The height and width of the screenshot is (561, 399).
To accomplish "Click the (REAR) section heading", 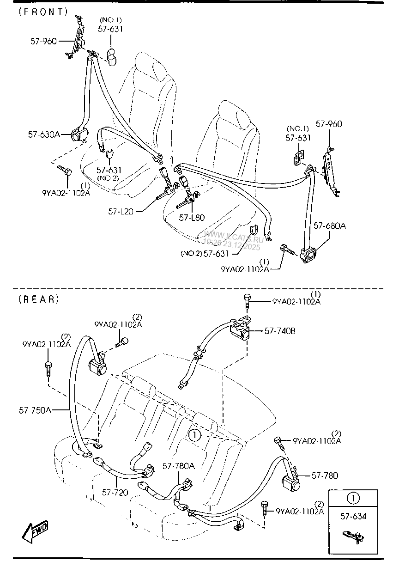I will click(x=39, y=299).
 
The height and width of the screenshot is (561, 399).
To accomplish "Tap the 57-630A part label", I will click(x=44, y=134).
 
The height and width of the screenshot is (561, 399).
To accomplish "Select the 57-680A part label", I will click(x=330, y=226).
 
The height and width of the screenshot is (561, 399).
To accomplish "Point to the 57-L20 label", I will click(x=121, y=211).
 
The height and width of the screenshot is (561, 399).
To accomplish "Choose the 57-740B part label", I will click(x=280, y=331).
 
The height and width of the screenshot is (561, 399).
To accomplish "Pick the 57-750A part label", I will click(x=35, y=409).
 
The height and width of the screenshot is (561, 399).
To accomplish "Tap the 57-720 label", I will click(x=115, y=493).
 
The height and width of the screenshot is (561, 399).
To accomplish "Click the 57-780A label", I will click(x=179, y=466).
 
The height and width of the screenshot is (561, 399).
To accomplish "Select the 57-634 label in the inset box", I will click(x=353, y=517).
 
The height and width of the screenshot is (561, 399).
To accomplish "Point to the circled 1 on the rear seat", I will click(x=194, y=435).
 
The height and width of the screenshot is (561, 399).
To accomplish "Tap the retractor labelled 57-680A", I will click(x=307, y=255).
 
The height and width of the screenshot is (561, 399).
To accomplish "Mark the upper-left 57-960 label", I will click(x=43, y=41).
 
